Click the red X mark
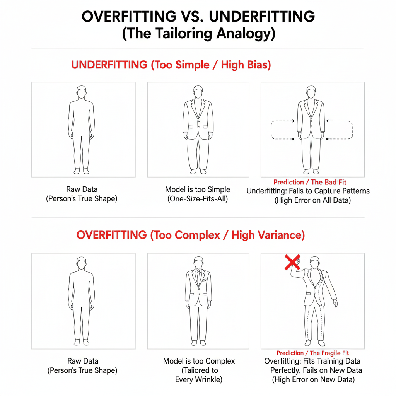292,263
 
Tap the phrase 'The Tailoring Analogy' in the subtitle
198,33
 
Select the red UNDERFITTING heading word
109,65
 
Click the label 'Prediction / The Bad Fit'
310,182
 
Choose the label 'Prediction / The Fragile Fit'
312,353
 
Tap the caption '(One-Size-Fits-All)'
198,199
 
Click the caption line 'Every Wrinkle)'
199,379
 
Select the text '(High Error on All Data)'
312,200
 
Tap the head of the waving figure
315,263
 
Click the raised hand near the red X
297,264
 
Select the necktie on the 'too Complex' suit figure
198,278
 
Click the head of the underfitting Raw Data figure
81,92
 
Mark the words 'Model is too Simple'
198,189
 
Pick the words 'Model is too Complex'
199,361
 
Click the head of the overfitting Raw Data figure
81,263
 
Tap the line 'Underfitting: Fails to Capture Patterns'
308,191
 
